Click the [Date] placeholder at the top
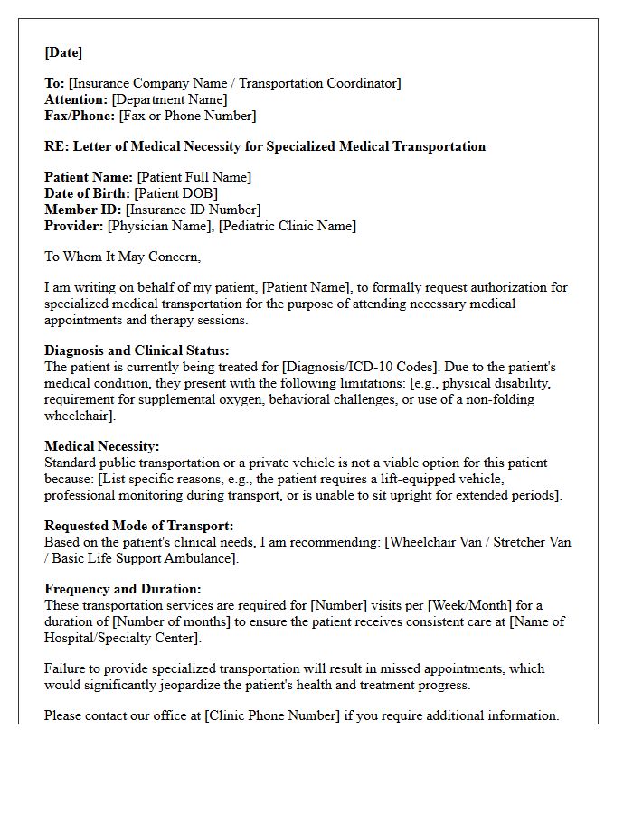coord(63,52)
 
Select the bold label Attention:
coord(75,99)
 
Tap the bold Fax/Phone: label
coord(80,116)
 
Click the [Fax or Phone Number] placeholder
coord(187,116)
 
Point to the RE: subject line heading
coord(265,146)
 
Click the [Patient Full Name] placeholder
coord(194,177)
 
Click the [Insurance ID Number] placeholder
coord(188,210)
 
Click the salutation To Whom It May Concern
coord(122,257)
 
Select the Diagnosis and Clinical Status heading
coord(137,350)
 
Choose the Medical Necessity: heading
coord(101,446)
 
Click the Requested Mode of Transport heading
coord(138,526)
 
